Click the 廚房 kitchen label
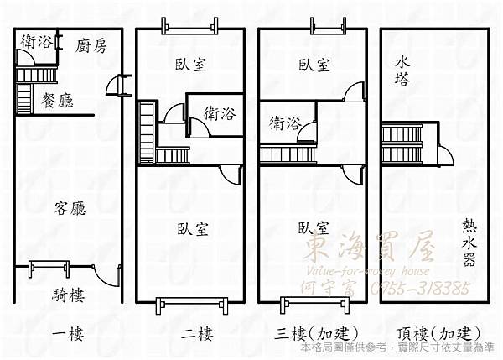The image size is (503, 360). point(91,46)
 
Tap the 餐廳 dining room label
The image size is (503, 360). point(57,101)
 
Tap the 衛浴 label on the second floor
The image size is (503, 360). point(220,113)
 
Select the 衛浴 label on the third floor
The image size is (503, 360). point(286,124)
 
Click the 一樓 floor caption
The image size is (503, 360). point(69,335)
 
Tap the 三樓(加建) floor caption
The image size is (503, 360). point(312,335)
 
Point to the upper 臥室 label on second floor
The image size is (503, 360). point(192,64)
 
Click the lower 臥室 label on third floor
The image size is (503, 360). point(313,227)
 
